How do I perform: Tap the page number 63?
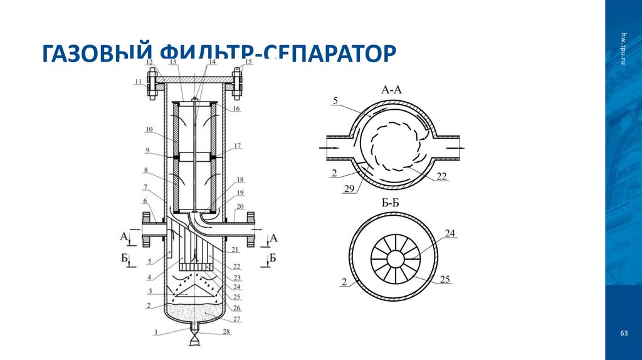tap(624, 333)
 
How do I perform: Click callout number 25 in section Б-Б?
tap(446, 278)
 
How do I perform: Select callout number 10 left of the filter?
tap(149, 130)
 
